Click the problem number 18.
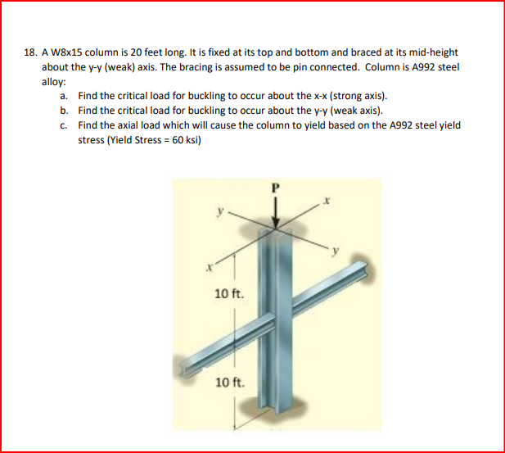pyautogui.click(x=30, y=52)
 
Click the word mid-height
pyautogui.click(x=435, y=52)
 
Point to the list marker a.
pyautogui.click(x=64, y=96)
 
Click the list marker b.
pyautogui.click(x=64, y=111)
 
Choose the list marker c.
pyautogui.click(x=64, y=125)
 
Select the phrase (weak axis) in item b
pyautogui.click(x=355, y=111)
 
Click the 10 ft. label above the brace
pyautogui.click(x=227, y=292)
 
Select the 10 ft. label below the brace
pyautogui.click(x=228, y=382)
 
